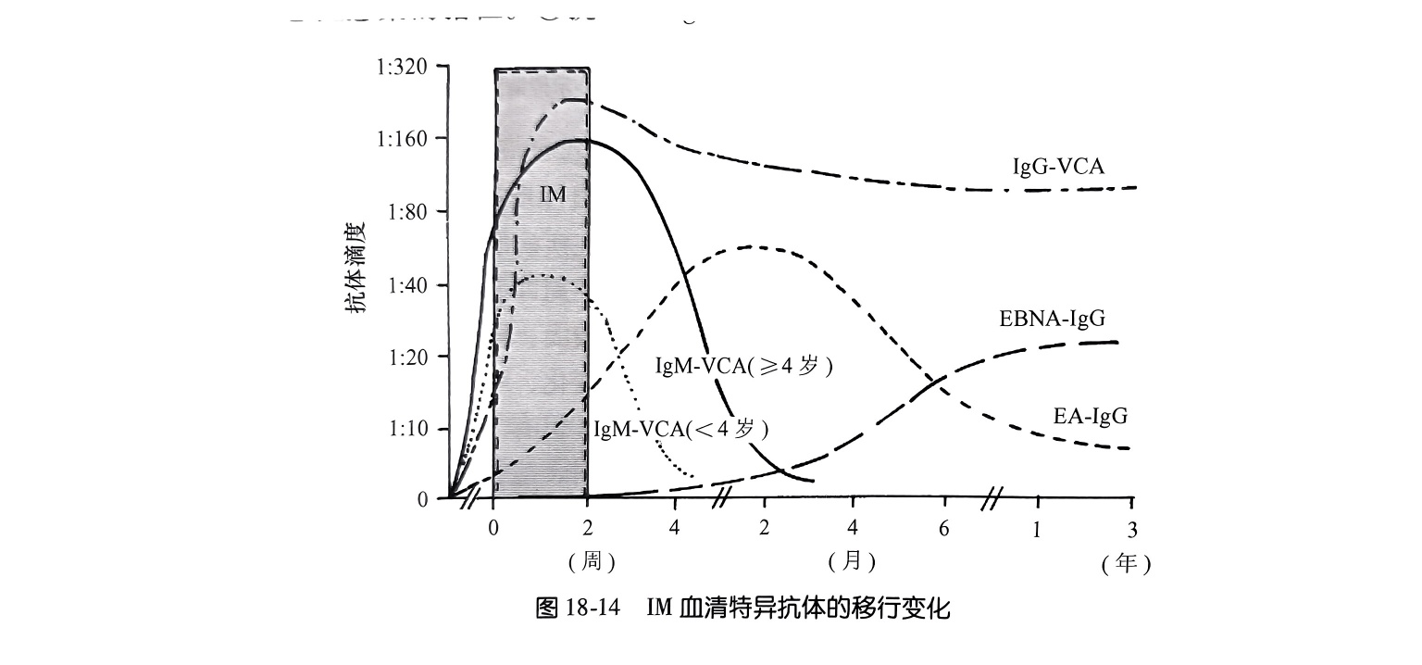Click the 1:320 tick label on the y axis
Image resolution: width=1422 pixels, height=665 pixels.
[401, 68]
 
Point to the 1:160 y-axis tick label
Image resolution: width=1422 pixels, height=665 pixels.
[401, 140]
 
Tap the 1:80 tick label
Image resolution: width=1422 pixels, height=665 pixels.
[405, 212]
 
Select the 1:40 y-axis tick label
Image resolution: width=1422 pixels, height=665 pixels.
[405, 284]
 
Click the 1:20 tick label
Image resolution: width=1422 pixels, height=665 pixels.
[405, 357]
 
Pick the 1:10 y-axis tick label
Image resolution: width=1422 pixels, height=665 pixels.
[405, 429]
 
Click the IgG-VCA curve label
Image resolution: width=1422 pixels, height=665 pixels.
[1058, 167]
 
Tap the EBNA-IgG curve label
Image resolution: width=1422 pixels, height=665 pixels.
[1052, 320]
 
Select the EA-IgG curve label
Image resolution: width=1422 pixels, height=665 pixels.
[1091, 416]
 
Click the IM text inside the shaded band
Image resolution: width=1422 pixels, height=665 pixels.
[553, 195]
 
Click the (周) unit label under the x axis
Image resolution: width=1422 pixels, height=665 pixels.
[592, 561]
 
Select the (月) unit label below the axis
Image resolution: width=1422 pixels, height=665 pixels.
[852, 561]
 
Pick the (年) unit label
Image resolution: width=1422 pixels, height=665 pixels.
[1126, 564]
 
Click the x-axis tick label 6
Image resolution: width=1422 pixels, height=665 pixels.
[944, 528]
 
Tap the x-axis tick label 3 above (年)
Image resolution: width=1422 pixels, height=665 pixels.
[1131, 530]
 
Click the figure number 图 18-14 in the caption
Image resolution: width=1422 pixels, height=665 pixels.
[577, 609]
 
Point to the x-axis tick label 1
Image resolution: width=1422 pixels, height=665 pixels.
[1037, 530]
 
